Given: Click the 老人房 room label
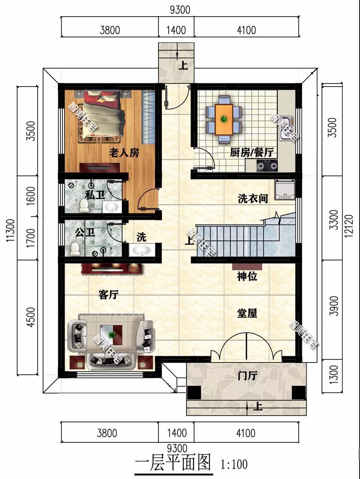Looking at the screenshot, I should coord(124,153).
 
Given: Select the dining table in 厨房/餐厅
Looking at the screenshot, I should coord(224,119).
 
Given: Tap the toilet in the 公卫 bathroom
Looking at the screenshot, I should coord(75,248).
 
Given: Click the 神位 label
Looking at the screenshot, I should coord(247,277).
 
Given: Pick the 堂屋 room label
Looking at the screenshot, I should coord(247,313).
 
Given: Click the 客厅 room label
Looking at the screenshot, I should coord(109,295).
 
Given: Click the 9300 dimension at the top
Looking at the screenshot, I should coord(180,9).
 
